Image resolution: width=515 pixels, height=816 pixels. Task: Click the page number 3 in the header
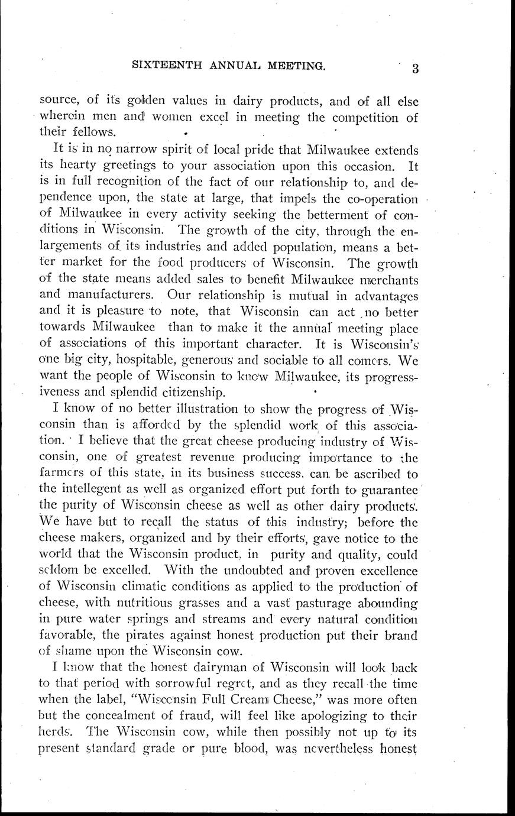tap(416, 69)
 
